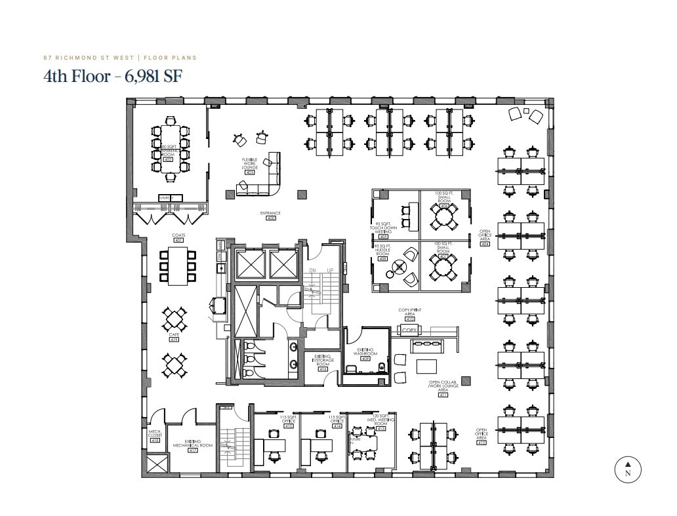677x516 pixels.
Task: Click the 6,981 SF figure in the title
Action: pos(149,76)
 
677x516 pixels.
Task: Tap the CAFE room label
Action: pos(174,336)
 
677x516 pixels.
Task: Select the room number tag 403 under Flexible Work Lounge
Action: pos(249,172)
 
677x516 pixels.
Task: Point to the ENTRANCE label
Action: pos(270,214)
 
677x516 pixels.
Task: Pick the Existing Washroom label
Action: pos(365,353)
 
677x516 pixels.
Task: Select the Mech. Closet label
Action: pos(155,433)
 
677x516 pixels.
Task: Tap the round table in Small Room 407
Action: pos(444,267)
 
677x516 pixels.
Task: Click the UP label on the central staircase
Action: pos(329,270)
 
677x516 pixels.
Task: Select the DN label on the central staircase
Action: pos(312,270)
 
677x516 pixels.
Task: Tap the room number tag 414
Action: pos(337,426)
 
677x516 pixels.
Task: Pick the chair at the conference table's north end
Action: pos(171,121)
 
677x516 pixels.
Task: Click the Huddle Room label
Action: pos(382,250)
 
